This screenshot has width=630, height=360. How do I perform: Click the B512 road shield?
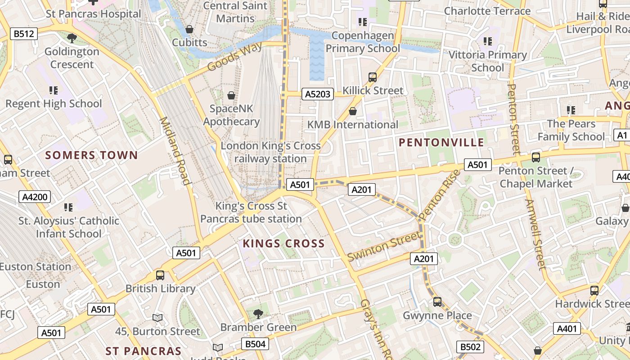24,34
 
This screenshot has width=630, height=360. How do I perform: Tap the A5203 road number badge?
318,94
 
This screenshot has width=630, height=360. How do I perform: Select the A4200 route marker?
35,197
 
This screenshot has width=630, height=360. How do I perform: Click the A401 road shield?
567,329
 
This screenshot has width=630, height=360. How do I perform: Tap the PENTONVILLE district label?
441,143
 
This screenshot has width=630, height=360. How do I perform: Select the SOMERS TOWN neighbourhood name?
91,155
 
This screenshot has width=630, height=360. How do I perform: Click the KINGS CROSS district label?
283,243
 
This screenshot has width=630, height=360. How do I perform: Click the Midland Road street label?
175,151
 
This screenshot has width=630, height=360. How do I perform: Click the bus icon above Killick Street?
373,77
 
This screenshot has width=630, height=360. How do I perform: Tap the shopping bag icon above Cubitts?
189,29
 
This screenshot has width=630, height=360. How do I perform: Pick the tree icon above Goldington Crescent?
71,38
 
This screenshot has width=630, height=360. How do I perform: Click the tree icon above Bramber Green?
258,313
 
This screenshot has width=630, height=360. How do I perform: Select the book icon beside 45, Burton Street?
157,318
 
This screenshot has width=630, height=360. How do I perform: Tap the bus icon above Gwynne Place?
437,301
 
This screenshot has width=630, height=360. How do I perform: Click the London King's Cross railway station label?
270,152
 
